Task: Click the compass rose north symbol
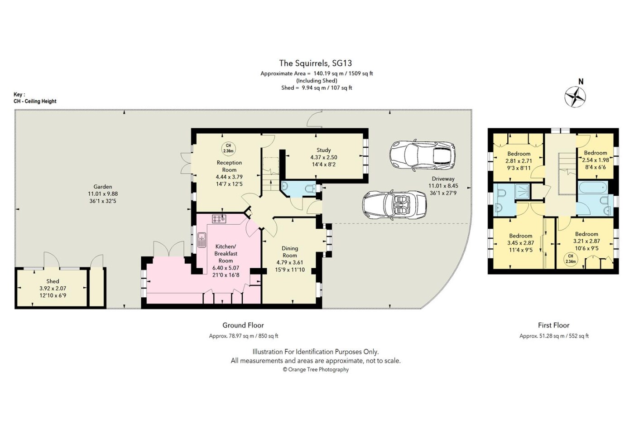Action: point(575,97)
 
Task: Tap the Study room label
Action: point(323,150)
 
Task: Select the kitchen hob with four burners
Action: point(219,218)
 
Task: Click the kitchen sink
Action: point(202,240)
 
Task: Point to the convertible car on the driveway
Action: point(394,204)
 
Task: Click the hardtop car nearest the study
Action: point(422,155)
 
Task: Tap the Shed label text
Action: point(53,281)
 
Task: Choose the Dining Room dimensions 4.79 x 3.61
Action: point(290,262)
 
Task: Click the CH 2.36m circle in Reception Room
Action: point(228,149)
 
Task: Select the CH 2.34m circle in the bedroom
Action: point(571,259)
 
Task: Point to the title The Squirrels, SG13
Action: point(316,63)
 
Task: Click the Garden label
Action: point(103,187)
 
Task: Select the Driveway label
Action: point(443,179)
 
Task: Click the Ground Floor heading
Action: point(243,325)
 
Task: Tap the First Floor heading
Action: point(553,325)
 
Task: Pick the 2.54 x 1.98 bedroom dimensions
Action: point(596,160)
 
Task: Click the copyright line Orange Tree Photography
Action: point(316,369)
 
